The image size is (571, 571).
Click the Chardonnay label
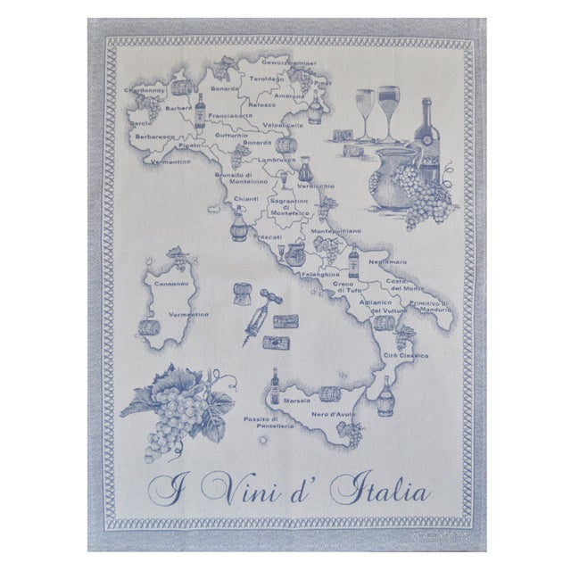(x=146, y=90)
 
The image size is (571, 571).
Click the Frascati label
(x=268, y=237)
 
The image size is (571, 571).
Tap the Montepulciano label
(x=336, y=230)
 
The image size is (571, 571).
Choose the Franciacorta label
(x=228, y=115)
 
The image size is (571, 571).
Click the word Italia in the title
(x=379, y=490)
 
